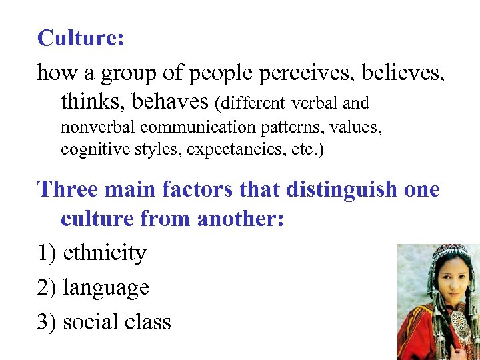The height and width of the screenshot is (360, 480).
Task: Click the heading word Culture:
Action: (x=81, y=38)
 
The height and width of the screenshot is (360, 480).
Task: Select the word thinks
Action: (x=93, y=102)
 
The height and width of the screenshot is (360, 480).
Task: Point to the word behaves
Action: (x=171, y=102)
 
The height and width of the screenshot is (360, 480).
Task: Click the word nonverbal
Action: (x=98, y=127)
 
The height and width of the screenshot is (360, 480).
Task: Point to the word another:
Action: (x=237, y=219)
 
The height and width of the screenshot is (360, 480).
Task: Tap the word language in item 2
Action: (x=106, y=287)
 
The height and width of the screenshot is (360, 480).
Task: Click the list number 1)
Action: (x=47, y=253)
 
